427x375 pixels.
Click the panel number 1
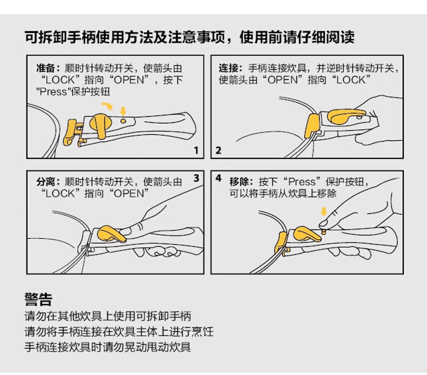[196, 150]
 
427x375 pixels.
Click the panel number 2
[218, 150]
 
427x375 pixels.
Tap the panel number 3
[196, 178]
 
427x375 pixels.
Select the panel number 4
[218, 178]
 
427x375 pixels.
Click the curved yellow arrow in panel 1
[108, 106]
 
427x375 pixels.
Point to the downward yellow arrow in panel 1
[123, 111]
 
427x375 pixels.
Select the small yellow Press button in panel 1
[123, 121]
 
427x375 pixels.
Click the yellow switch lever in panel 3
[111, 234]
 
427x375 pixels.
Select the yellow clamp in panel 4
[281, 243]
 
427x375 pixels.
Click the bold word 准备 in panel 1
[45, 68]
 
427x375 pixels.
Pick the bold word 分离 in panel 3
[45, 182]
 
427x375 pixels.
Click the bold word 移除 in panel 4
[238, 182]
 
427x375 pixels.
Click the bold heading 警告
[38, 299]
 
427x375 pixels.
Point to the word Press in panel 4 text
[302, 182]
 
